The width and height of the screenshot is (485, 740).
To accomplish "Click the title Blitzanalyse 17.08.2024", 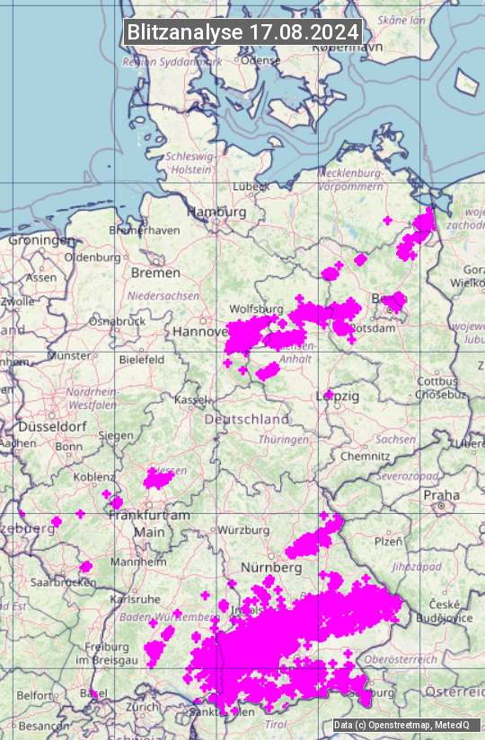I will tap(242, 31).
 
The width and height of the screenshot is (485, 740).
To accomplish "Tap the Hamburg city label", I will tap(216, 212).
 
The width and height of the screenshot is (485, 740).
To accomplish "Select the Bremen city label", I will tap(155, 272).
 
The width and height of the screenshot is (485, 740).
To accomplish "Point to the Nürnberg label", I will tap(270, 568).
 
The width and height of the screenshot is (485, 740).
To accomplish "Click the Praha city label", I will tap(442, 494).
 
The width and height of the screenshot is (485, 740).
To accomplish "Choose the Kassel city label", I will tap(191, 398).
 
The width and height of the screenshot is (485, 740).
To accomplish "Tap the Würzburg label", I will tap(243, 529).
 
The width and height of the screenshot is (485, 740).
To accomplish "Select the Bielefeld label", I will tap(142, 360).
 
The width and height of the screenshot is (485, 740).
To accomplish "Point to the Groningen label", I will tap(41, 240).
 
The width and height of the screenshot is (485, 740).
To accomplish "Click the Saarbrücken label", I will tap(63, 582).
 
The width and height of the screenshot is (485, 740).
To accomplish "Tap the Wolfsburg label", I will tap(256, 309).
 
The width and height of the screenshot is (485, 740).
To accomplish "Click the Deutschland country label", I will tap(247, 419).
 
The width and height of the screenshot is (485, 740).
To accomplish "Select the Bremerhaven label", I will tap(144, 231).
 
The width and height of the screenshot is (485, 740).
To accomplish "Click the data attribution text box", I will tap(401, 725).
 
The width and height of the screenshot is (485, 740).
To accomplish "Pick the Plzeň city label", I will tap(388, 541).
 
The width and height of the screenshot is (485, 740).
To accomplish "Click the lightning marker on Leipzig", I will tap(329, 395).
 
